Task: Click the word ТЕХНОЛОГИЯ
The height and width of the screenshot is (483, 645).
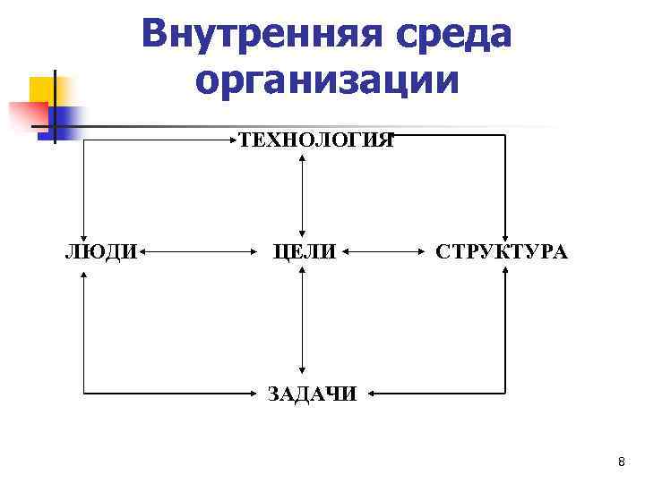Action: pyautogui.click(x=315, y=140)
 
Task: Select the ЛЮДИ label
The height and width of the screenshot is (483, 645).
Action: pyautogui.click(x=101, y=252)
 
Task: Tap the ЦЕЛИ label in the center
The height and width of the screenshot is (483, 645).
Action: pyautogui.click(x=305, y=252)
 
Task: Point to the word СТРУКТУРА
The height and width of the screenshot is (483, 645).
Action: pyautogui.click(x=501, y=252)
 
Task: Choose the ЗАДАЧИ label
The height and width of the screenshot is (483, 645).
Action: pyautogui.click(x=312, y=394)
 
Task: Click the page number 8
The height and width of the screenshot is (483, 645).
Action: pyautogui.click(x=622, y=462)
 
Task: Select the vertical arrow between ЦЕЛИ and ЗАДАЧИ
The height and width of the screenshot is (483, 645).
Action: pyautogui.click(x=305, y=323)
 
